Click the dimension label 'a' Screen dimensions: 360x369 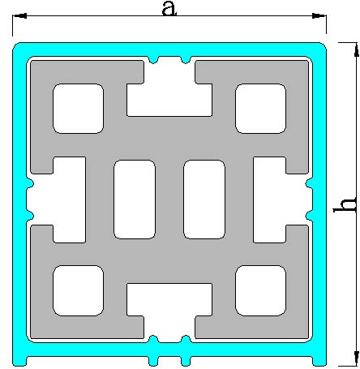coord(169,8)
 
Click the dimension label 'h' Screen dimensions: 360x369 coord(345,204)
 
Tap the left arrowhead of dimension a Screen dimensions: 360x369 coord(19,15)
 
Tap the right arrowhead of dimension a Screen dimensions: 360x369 coord(319,15)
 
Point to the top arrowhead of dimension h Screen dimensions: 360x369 coord(356,49)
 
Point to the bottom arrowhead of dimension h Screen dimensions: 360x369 coord(356,358)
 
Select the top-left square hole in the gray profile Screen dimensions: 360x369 coord(78,109)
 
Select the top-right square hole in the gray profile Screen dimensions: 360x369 coord(260,109)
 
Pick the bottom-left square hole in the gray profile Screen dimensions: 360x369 coord(78,290)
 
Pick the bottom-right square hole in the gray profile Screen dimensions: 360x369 coord(260,290)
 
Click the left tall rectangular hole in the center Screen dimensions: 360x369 coord(135,200)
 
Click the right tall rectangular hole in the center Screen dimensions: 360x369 coord(204,200)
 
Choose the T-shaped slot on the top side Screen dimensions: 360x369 coord(169,100)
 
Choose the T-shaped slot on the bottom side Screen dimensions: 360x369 coord(169,300)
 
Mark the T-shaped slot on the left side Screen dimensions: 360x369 coord(69,200)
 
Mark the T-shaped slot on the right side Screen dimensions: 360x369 coord(270,200)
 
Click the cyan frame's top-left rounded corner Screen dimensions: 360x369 coord(19,48)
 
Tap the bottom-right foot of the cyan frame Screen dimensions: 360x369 coord(319,359)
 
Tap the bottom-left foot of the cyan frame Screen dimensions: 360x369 coord(19,359)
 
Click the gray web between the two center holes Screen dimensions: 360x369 coord(169,200)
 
